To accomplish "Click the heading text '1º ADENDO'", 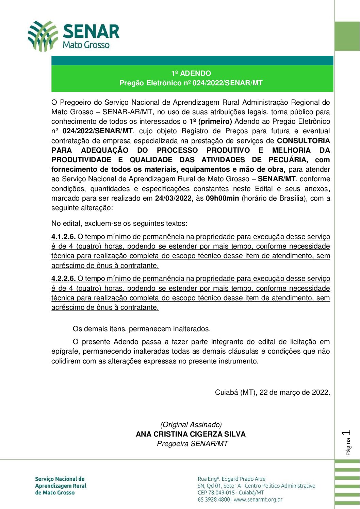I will coord(191,73).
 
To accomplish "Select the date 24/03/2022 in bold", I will coord(173,198).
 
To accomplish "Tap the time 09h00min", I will coord(222,198).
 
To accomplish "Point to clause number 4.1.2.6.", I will coord(63,237).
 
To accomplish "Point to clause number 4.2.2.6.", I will coord(63,278).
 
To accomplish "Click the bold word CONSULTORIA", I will coord(304,141).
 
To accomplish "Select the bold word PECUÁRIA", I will coord(288,160).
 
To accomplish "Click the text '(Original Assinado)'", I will coord(191,425).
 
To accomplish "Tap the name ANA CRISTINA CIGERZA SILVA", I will coord(191,434).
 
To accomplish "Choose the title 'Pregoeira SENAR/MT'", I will coord(192,444).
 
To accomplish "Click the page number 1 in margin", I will coord(347,433).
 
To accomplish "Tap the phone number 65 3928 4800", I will coord(214,499).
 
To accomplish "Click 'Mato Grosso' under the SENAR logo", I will coord(86,45).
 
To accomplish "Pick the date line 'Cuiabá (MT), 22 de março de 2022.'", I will coord(272,392).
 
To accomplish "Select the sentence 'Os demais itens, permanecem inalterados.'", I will coord(142,329).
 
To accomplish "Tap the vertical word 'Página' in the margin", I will coord(348,447).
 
